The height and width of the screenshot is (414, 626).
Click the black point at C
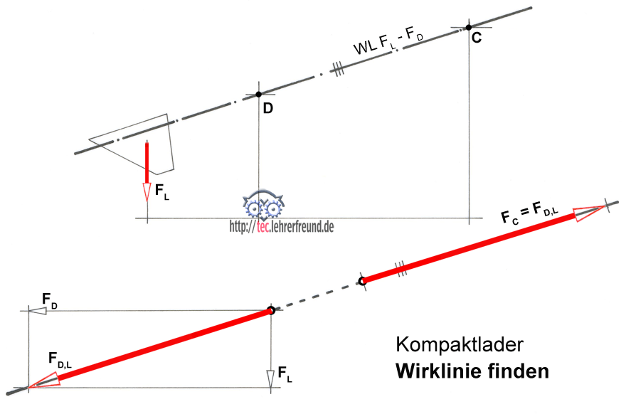468,28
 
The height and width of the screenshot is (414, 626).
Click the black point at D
259,94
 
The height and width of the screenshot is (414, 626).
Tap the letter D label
267,108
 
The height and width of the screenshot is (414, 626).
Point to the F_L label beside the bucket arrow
161,192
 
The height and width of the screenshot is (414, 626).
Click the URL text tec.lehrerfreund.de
282,226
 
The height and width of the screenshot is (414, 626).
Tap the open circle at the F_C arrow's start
362,282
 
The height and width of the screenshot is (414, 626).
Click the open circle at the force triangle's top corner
270,310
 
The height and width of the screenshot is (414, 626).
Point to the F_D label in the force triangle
51,300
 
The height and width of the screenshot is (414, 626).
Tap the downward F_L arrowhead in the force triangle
271,378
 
